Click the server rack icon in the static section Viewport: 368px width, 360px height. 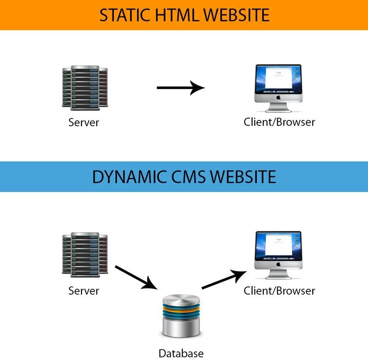[85, 87]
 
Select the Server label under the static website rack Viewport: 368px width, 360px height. [84, 122]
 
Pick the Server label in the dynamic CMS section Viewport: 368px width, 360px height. [84, 291]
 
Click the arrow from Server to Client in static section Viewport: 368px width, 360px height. [180, 87]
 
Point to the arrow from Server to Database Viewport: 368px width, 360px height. [136, 277]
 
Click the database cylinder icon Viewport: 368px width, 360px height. [181, 314]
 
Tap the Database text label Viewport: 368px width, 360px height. [181, 353]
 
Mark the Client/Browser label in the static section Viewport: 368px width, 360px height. [279, 122]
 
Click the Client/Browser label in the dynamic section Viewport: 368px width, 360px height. [279, 291]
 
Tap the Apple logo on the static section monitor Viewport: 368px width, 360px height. [278, 98]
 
